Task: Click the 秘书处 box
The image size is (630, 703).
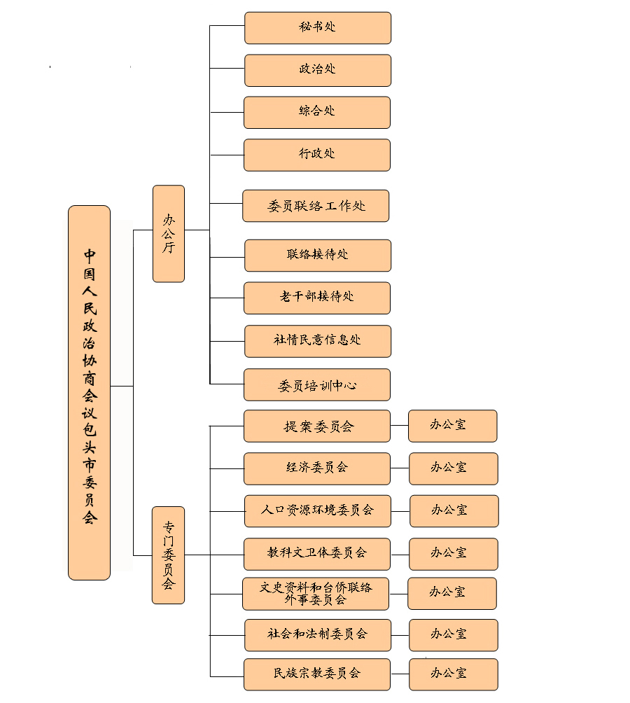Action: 317,28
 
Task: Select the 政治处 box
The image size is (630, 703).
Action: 317,70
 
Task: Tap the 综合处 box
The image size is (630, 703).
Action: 317,112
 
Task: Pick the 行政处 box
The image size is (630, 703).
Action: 317,154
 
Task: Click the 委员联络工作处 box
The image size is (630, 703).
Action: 316,206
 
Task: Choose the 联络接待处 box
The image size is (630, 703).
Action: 317,255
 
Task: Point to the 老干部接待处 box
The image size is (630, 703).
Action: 317,298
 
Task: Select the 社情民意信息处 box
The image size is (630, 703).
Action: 317,341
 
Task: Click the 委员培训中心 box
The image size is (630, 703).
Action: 317,385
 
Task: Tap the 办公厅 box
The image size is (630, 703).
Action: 169,233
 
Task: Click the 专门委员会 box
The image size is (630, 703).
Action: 169,555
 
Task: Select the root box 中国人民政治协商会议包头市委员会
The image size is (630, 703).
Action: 89,392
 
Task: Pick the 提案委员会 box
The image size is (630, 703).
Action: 317,426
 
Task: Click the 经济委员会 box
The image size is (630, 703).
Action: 317,468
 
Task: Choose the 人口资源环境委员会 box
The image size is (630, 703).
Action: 317,511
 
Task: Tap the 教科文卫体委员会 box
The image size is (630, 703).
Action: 317,553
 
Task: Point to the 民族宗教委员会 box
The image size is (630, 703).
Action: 317,674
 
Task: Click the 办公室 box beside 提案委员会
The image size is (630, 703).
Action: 452,426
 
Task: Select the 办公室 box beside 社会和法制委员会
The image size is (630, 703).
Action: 453,634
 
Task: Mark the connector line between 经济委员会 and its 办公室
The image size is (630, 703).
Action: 400,468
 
